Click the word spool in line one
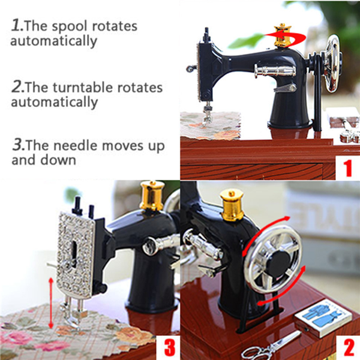pos(73,27)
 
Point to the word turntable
pos(87,88)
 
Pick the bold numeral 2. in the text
pos(18,87)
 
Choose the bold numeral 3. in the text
pos(18,146)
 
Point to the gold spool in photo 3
pos(152,196)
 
